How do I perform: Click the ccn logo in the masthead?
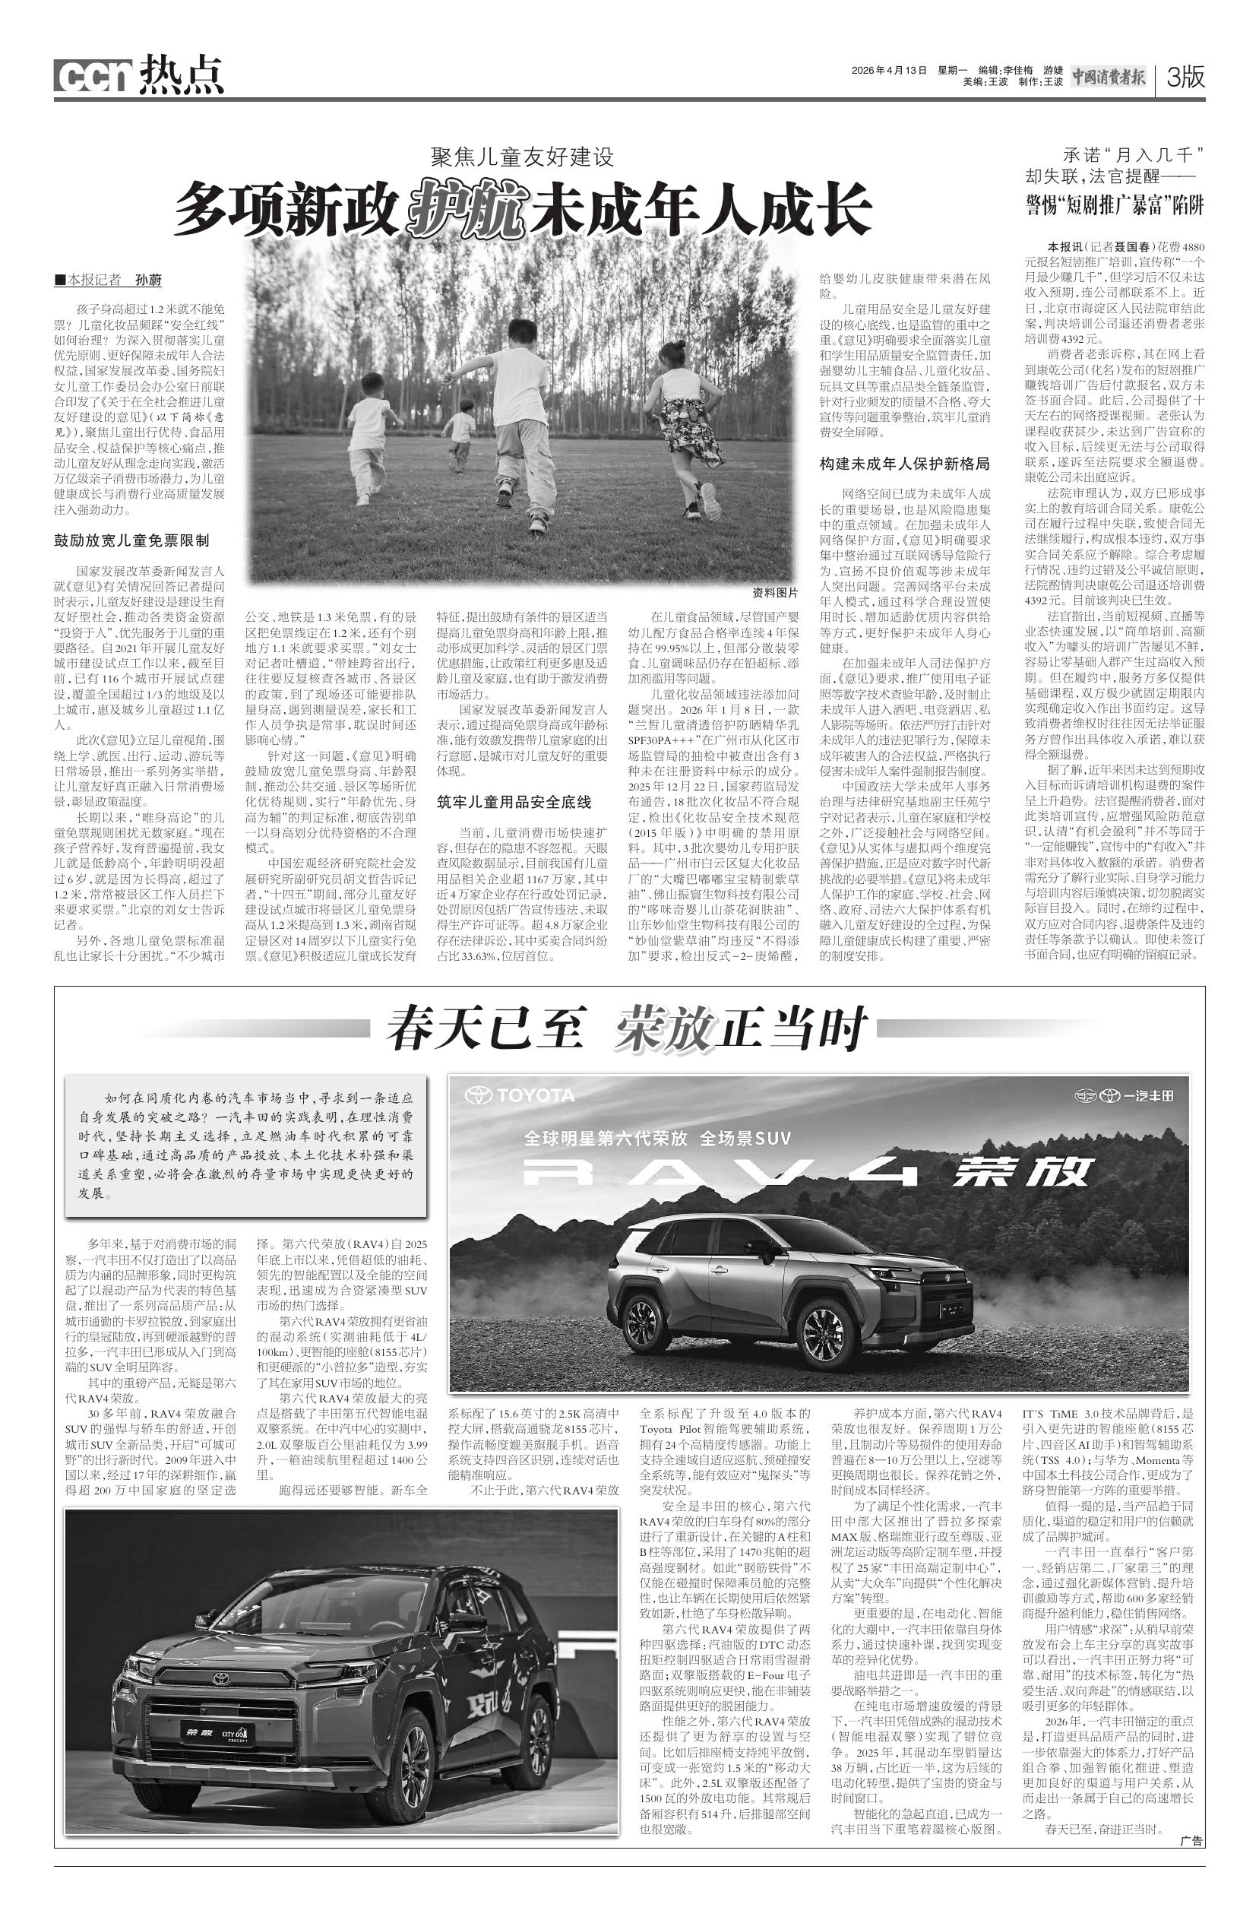click(x=92, y=77)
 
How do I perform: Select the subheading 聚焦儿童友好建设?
click(x=523, y=157)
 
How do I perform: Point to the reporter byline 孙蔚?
click(x=148, y=280)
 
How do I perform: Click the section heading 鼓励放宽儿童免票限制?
click(x=131, y=540)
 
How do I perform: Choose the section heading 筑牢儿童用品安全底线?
click(x=514, y=802)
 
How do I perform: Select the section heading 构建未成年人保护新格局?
click(x=904, y=464)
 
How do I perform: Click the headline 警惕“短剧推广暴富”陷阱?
click(x=1114, y=204)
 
